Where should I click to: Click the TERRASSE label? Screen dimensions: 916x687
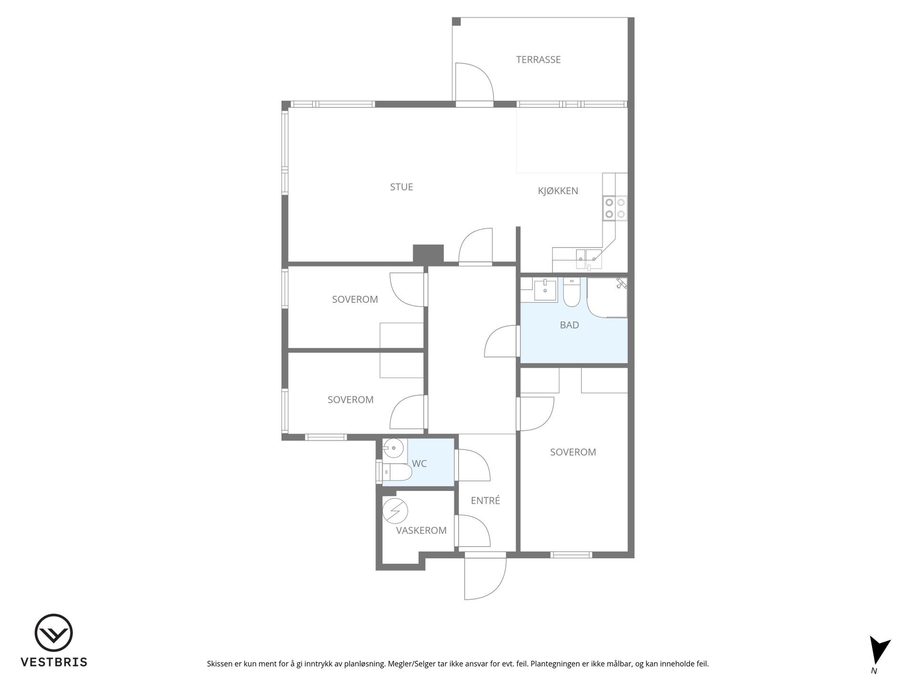tap(538, 60)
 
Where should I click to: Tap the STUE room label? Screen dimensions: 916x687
tap(401, 187)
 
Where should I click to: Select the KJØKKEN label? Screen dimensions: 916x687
tap(558, 191)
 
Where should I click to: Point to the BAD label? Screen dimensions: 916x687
tap(569, 325)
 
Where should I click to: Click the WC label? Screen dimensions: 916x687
tap(419, 463)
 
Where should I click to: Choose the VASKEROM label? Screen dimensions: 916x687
tap(421, 531)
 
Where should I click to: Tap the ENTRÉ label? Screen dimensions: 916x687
tap(485, 500)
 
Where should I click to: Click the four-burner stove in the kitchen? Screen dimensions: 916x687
tap(615, 208)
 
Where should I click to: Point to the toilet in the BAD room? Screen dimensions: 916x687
tap(571, 292)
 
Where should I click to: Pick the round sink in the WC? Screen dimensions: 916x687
tap(394, 448)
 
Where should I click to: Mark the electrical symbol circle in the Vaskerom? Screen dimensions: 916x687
tap(396, 511)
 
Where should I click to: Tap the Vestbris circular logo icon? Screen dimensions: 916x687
tap(53, 633)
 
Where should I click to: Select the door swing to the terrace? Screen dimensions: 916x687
tap(474, 82)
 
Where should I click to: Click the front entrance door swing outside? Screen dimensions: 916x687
tap(485, 579)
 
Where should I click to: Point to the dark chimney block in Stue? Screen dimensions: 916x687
tap(428, 253)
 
